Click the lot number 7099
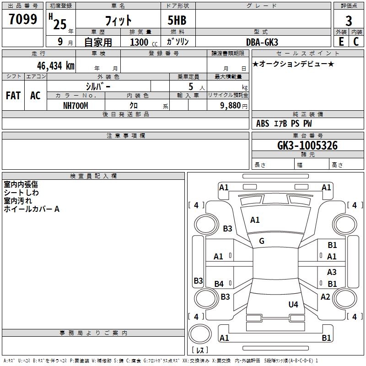click(x=23, y=20)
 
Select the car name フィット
click(x=118, y=21)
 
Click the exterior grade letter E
click(x=341, y=41)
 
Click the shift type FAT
click(x=13, y=96)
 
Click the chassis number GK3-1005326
click(x=307, y=146)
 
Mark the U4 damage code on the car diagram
click(x=293, y=304)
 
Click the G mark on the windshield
click(x=262, y=241)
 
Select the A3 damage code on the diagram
click(x=332, y=272)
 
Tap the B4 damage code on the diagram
click(x=219, y=284)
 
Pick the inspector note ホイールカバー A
click(x=32, y=209)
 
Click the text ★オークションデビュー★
click(x=293, y=64)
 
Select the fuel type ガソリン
click(x=178, y=42)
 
